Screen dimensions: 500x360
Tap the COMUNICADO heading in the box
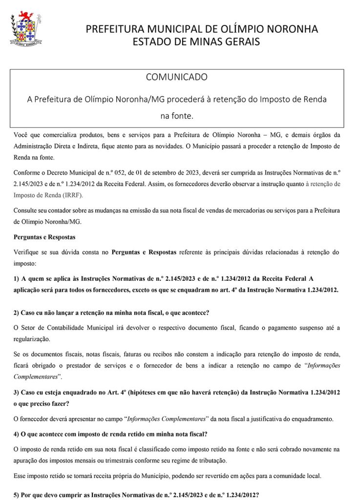click(177, 77)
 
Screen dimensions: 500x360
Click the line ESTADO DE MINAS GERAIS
click(196, 42)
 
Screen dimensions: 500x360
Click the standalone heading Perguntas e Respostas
click(44, 237)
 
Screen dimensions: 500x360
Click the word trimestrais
click(109, 460)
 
